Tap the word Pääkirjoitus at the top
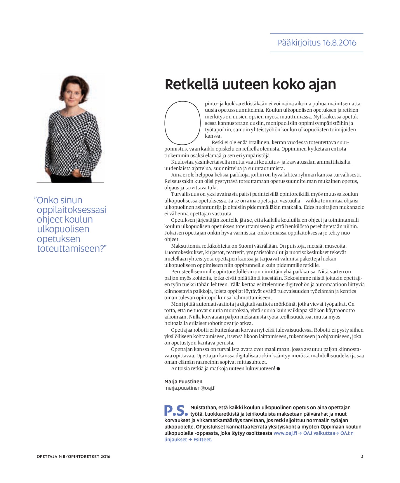(299, 43)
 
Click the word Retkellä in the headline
(192, 84)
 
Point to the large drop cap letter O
(182, 123)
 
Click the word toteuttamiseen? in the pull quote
(72, 249)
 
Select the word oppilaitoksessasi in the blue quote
(72, 210)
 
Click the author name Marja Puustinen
(183, 381)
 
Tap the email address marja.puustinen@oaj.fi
(190, 388)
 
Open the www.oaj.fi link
(285, 433)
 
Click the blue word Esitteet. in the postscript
(203, 440)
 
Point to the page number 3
(362, 456)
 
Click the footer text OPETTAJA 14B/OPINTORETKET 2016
(74, 456)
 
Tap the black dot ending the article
(278, 369)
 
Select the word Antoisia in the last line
(180, 369)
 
